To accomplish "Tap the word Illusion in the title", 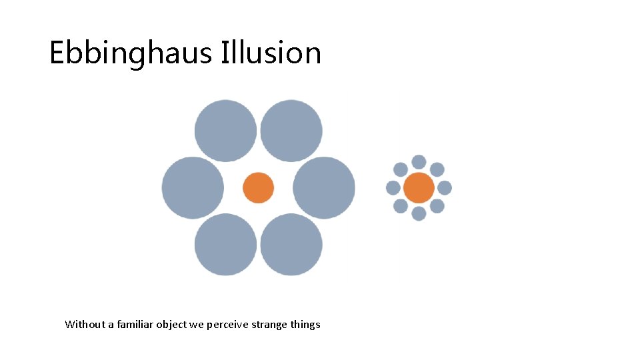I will pyautogui.click(x=271, y=53).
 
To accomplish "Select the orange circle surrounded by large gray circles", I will pyautogui.click(x=258, y=188).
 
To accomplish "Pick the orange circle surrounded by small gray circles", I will pyautogui.click(x=419, y=188).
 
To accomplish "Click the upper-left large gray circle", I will pyautogui.click(x=225, y=131).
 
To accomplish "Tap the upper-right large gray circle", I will pyautogui.click(x=291, y=131).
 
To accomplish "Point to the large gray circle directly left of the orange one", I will pyautogui.click(x=193, y=188).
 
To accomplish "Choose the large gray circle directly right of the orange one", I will pyautogui.click(x=324, y=188).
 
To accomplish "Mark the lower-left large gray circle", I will pyautogui.click(x=225, y=245).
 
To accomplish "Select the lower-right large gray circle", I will pyautogui.click(x=291, y=245).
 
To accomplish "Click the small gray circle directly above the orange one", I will pyautogui.click(x=419, y=162).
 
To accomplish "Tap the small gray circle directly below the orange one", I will pyautogui.click(x=419, y=213).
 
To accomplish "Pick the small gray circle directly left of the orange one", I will pyautogui.click(x=393, y=188).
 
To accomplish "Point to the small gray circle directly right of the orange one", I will pyautogui.click(x=445, y=188).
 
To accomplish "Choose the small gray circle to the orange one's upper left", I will pyautogui.click(x=401, y=169).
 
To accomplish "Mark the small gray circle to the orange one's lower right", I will pyautogui.click(x=437, y=206).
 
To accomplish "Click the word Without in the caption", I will pyautogui.click(x=85, y=325).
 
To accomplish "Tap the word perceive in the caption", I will pyautogui.click(x=227, y=325).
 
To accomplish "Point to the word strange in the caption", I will pyautogui.click(x=269, y=325).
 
